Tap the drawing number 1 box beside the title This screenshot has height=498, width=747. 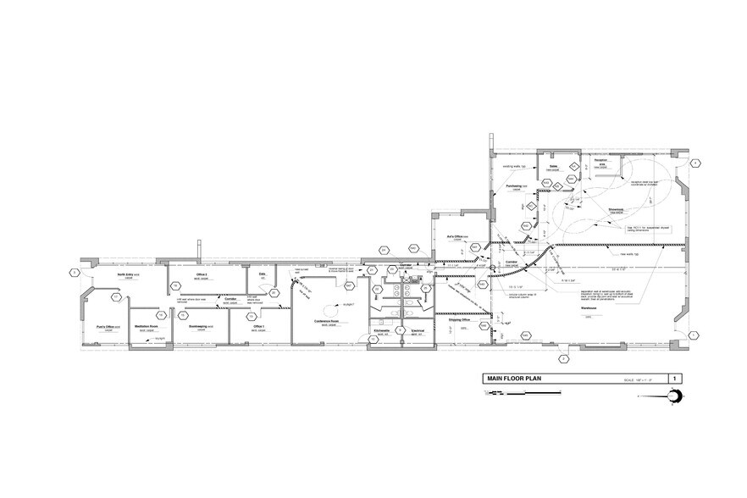coord(674,379)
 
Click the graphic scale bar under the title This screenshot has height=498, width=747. coord(500,393)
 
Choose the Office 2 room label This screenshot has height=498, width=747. coord(202,275)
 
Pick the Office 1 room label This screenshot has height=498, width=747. coord(258,326)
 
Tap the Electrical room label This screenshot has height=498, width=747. coord(416,331)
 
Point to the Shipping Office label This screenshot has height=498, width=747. coord(451,320)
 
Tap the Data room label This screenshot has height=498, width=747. coord(262,274)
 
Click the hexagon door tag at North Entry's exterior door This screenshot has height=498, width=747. coord(75,273)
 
